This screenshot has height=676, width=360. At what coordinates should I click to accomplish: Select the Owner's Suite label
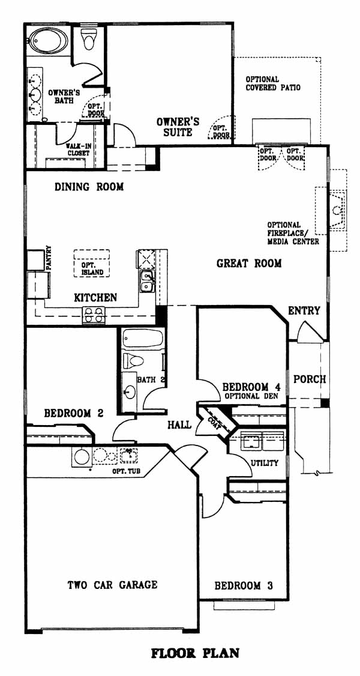point(178,127)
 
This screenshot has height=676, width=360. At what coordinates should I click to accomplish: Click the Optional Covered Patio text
point(273,83)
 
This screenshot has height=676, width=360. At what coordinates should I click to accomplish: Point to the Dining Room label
point(89,187)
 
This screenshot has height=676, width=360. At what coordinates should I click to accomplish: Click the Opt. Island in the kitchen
point(91,263)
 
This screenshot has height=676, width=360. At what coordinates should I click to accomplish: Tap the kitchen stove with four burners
point(94,315)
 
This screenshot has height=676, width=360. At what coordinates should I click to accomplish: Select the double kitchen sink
point(148,280)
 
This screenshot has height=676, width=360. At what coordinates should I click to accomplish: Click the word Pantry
point(48,258)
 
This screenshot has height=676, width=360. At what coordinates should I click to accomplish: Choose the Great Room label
point(249,263)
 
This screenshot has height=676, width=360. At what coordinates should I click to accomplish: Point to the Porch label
point(310,379)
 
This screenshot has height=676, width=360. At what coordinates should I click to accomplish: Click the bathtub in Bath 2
point(143,339)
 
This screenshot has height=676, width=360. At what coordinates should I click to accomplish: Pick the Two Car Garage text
point(112,585)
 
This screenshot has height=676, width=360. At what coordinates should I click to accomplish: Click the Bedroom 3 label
point(244,585)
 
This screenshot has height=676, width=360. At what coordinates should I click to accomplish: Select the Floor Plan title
point(195,653)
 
